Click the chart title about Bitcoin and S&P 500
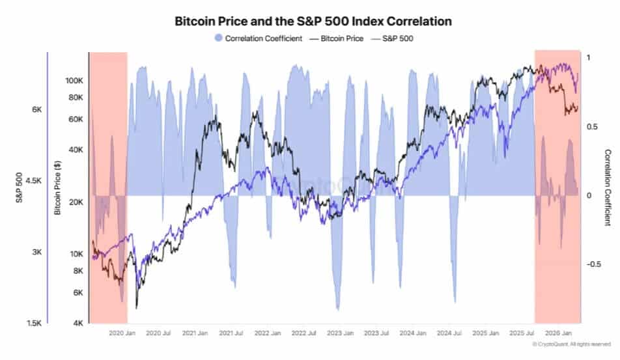click(x=313, y=21)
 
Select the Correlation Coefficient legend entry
click(x=259, y=38)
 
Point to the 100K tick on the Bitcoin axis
click(x=74, y=81)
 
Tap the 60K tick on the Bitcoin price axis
click(x=76, y=119)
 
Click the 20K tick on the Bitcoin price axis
click(x=76, y=202)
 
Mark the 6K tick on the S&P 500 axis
click(x=37, y=109)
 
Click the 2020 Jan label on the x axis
click(x=121, y=333)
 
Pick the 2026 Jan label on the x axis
click(x=558, y=333)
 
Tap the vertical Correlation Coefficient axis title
click(x=608, y=187)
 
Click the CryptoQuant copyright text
click(x=571, y=344)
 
